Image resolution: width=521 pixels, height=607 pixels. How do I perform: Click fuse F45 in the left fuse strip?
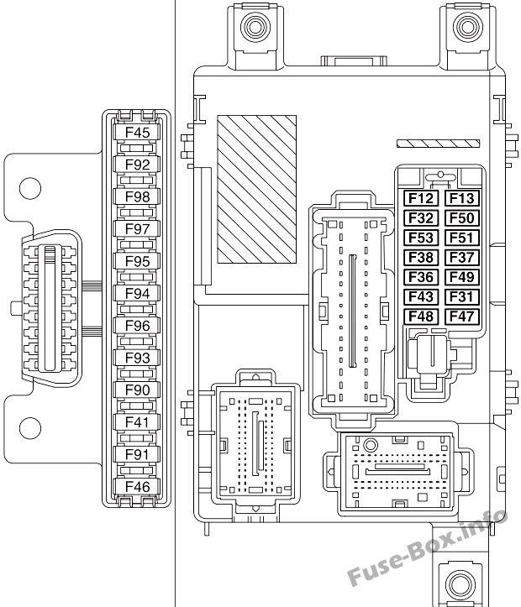click(x=137, y=133)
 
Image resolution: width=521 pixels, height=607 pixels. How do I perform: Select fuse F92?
click(x=137, y=165)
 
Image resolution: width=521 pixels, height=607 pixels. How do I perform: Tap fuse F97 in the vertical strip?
click(x=137, y=229)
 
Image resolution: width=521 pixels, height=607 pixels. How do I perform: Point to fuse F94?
click(x=137, y=293)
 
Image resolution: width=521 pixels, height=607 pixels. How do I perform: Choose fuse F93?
click(x=137, y=358)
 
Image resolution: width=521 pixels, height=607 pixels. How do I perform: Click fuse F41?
click(x=137, y=421)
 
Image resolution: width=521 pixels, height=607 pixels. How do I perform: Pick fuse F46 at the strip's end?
click(x=137, y=486)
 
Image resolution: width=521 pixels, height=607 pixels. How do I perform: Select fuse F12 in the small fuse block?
click(x=421, y=198)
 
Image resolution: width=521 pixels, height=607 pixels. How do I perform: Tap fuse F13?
click(x=461, y=198)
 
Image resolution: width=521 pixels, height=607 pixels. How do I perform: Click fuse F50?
click(x=461, y=218)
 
